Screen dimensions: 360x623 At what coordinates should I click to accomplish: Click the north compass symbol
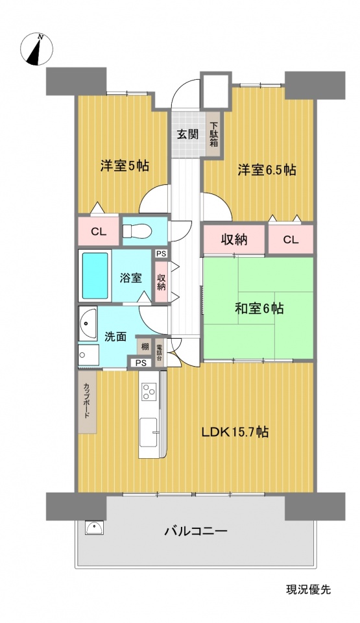click(x=36, y=49)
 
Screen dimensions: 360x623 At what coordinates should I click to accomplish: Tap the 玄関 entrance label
click(x=187, y=134)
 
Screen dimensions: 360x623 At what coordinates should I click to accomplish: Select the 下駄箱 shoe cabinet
click(x=214, y=135)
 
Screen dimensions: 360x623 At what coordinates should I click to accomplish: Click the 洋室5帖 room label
click(x=125, y=166)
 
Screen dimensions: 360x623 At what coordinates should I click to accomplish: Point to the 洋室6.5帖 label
click(x=267, y=170)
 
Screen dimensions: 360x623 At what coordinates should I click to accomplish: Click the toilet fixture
click(x=136, y=231)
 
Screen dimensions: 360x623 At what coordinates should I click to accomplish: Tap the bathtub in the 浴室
click(x=95, y=275)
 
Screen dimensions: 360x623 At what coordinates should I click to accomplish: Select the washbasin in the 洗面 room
click(x=88, y=323)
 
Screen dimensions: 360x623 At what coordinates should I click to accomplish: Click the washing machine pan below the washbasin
click(x=88, y=354)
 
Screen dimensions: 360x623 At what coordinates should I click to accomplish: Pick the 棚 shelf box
click(x=144, y=347)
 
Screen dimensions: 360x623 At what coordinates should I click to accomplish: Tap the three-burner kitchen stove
click(x=150, y=391)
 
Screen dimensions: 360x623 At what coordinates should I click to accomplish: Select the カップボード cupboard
click(x=88, y=402)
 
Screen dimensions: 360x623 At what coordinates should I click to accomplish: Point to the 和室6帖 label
click(x=259, y=308)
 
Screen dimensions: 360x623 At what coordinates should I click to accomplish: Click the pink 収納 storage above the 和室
click(x=234, y=239)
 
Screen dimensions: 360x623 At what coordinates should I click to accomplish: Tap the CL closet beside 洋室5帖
click(x=99, y=232)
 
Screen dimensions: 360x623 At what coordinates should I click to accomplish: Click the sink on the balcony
click(x=94, y=528)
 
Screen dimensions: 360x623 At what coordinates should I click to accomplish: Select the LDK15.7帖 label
click(x=235, y=432)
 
